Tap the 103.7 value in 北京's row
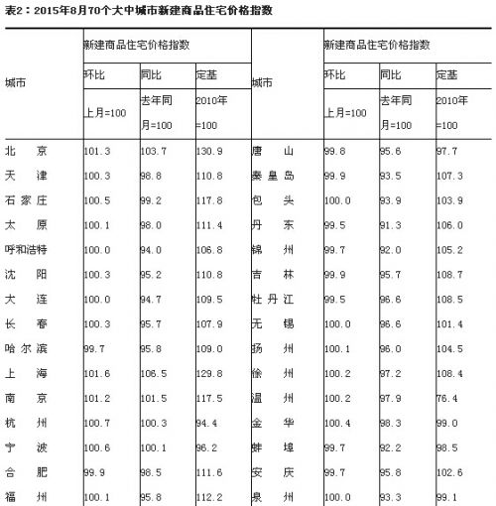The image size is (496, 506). [x=154, y=152]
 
